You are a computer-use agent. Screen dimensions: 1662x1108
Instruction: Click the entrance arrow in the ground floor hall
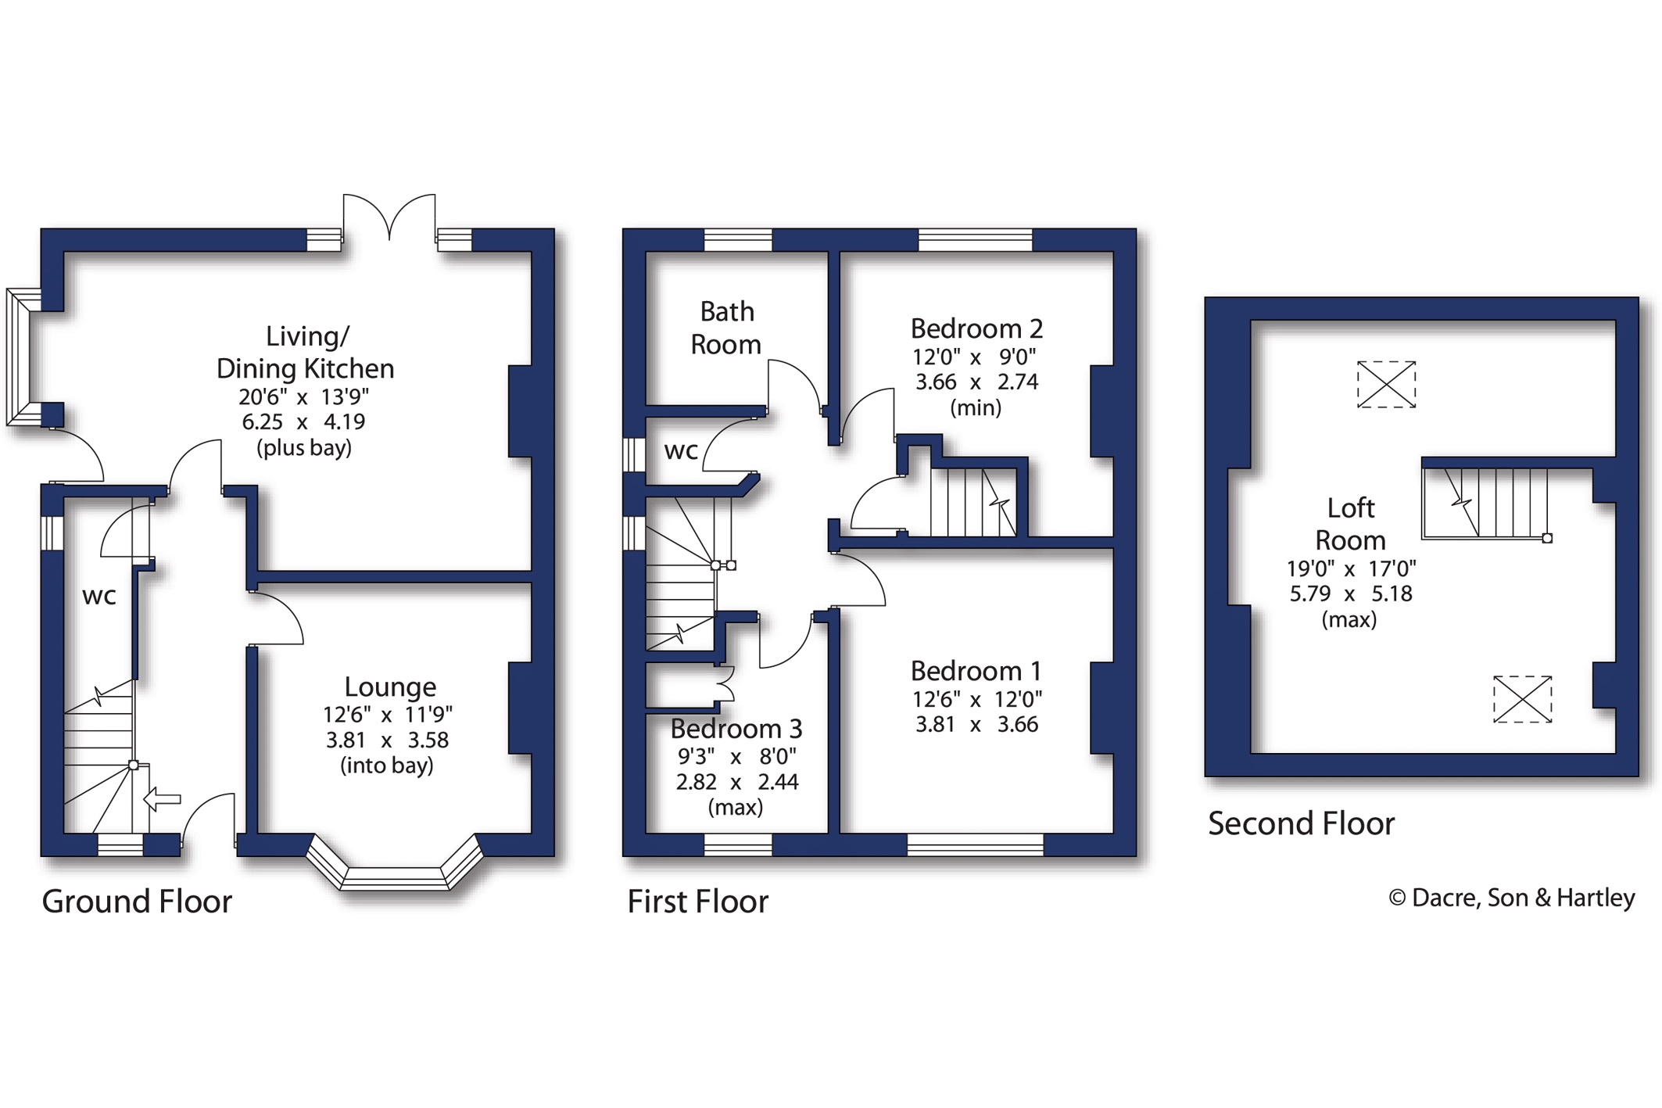[x=163, y=799]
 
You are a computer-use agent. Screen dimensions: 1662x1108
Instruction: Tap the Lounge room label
[x=390, y=687]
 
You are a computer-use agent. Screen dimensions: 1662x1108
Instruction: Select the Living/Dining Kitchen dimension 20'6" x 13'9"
[x=304, y=396]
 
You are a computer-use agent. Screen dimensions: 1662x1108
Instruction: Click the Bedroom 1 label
[x=976, y=671]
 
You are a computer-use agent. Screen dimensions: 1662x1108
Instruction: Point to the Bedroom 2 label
[x=976, y=328]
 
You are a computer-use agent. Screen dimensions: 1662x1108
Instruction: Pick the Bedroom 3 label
[x=736, y=729]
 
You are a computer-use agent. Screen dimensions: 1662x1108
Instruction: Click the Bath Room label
[x=726, y=328]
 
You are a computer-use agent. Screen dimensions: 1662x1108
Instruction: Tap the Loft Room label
[x=1350, y=524]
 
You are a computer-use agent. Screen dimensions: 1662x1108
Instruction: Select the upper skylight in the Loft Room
[x=1386, y=384]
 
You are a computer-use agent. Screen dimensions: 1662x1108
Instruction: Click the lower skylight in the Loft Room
[x=1522, y=699]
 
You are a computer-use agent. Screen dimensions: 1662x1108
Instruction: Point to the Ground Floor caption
[x=137, y=902]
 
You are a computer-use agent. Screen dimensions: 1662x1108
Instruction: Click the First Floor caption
[x=698, y=902]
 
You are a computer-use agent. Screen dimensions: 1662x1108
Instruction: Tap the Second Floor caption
[x=1302, y=823]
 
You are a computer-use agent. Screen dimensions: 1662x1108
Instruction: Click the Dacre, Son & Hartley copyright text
[x=1512, y=898]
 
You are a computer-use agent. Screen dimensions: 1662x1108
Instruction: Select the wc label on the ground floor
[x=99, y=596]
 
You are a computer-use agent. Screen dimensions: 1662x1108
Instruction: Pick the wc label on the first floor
[x=681, y=451]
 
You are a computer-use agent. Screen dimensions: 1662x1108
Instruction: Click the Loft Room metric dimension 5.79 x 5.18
[x=1351, y=593]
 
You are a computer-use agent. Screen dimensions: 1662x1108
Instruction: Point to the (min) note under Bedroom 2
[x=976, y=407]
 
